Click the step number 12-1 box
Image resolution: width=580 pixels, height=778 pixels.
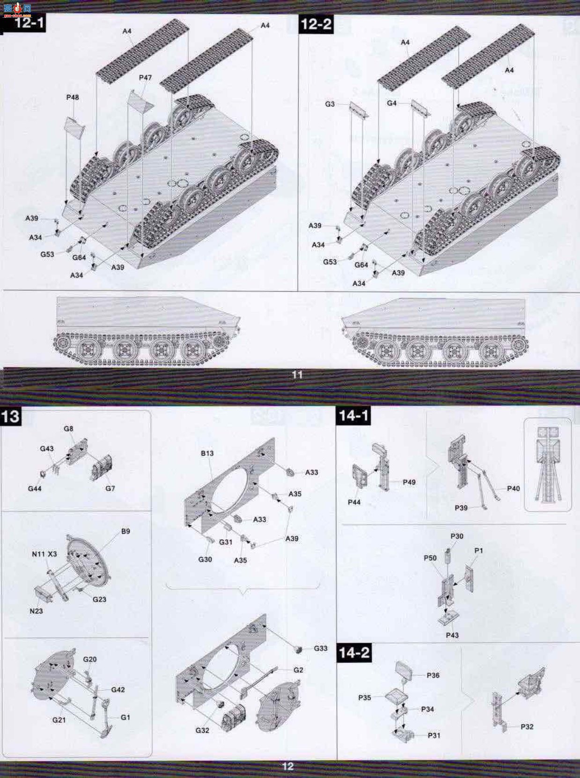tap(23, 23)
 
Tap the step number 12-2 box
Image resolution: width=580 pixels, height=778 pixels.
tap(316, 24)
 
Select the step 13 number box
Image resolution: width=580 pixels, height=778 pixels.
tap(11, 416)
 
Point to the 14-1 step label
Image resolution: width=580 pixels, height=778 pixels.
tap(353, 415)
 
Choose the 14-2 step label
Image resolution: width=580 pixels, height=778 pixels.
tap(354, 652)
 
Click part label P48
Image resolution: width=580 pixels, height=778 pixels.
tap(72, 97)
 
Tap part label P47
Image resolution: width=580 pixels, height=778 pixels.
tap(145, 78)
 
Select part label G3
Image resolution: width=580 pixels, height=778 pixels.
tap(330, 104)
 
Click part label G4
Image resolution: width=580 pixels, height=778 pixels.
tap(391, 103)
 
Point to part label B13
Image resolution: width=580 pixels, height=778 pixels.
tap(207, 453)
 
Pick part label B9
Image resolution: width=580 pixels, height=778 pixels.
tap(125, 531)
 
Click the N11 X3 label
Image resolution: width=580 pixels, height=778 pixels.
tap(44, 554)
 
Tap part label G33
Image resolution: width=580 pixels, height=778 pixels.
tap(321, 648)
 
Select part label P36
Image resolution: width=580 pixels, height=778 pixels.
tap(433, 675)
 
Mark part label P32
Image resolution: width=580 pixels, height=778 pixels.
tap(527, 727)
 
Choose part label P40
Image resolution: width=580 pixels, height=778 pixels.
tap(514, 488)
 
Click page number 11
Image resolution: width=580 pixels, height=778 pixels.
tap(297, 374)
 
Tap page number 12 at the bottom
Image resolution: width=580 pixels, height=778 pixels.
tap(288, 766)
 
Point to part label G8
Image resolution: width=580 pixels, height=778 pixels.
tap(68, 428)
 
